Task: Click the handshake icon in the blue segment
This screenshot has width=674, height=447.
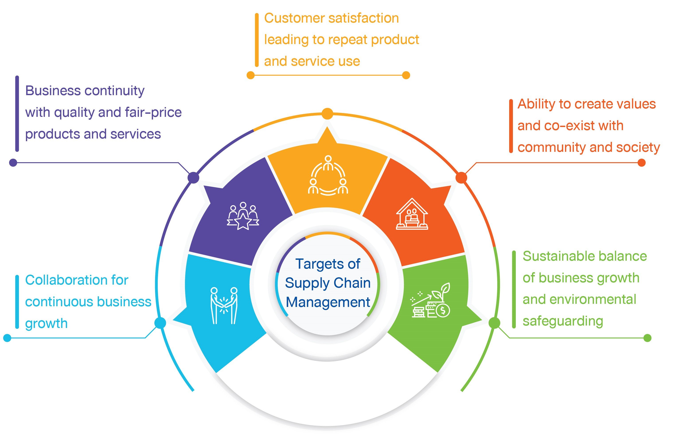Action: (x=224, y=305)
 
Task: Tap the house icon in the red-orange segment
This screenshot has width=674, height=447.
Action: (x=412, y=214)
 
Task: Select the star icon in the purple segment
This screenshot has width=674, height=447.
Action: (x=243, y=221)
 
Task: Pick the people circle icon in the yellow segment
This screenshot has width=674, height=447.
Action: (x=328, y=176)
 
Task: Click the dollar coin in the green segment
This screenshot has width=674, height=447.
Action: (x=443, y=310)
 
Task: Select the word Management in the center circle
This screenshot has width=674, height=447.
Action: (x=328, y=302)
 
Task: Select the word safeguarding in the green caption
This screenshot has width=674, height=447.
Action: (x=563, y=321)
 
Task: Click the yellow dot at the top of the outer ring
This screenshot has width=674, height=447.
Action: (x=327, y=114)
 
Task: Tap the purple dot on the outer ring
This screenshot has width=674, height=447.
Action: (x=193, y=178)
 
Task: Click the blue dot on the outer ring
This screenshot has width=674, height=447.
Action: (x=160, y=323)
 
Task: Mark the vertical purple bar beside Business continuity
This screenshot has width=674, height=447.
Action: (x=17, y=114)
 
